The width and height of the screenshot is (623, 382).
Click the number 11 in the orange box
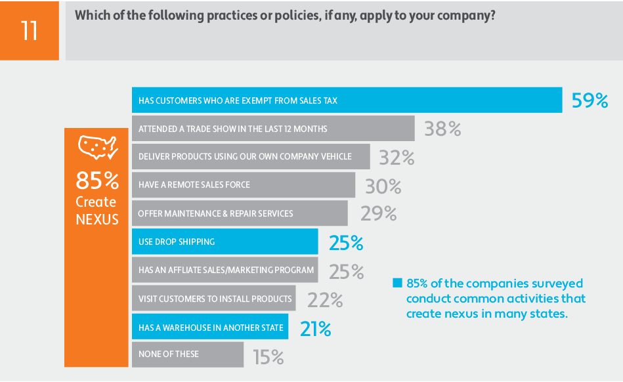click(x=30, y=30)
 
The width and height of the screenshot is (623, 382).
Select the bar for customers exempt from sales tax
click(x=347, y=100)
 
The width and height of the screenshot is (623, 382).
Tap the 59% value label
click(x=590, y=101)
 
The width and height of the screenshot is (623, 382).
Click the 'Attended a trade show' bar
click(x=273, y=129)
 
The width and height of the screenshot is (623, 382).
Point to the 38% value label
click(x=442, y=129)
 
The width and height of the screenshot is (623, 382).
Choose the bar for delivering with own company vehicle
click(x=251, y=157)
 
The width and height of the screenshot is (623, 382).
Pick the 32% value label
click(x=397, y=158)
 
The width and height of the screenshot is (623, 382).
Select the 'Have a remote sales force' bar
click(x=244, y=185)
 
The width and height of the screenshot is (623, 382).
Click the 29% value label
click(x=379, y=213)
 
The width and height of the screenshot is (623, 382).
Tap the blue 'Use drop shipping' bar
click(x=225, y=242)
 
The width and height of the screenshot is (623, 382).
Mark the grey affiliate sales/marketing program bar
click(x=225, y=270)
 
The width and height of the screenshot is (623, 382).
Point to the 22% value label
click(x=325, y=299)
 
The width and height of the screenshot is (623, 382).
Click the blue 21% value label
click(x=315, y=328)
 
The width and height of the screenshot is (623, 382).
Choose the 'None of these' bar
click(x=188, y=354)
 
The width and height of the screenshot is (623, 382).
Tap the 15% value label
click(x=269, y=356)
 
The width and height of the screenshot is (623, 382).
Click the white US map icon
click(x=97, y=147)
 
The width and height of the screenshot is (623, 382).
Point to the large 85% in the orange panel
click(x=97, y=180)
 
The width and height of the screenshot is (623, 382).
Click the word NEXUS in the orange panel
click(x=97, y=219)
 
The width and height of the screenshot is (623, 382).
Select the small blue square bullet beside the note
click(x=397, y=284)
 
